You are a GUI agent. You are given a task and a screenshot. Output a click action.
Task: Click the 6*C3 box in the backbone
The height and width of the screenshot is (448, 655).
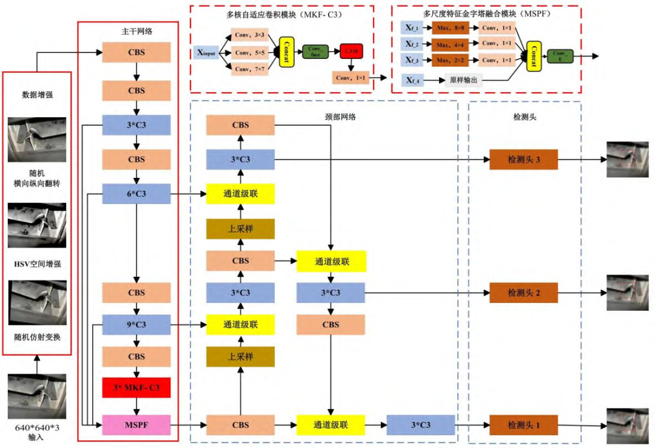[x=136, y=194]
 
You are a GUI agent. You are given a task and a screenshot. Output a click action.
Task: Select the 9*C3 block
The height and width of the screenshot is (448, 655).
[x=136, y=325]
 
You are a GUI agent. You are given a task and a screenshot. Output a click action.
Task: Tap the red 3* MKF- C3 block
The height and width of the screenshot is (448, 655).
[x=136, y=387]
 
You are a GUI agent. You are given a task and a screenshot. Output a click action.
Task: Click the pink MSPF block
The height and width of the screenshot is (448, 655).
[x=136, y=425]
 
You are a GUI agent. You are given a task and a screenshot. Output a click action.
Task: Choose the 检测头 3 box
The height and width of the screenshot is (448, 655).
[x=523, y=160]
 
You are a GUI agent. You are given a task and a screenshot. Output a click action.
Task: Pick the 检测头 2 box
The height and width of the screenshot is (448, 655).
[x=523, y=293]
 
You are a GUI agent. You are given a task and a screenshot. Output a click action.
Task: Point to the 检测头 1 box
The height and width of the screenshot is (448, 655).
[x=523, y=424]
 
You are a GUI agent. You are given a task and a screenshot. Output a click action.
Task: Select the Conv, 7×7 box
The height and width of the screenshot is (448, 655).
[x=250, y=70]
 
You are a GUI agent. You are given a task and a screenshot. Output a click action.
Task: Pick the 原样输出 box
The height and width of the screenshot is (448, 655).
[x=463, y=79]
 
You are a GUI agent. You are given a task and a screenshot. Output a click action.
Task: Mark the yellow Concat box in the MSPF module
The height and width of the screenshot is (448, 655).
[x=534, y=56]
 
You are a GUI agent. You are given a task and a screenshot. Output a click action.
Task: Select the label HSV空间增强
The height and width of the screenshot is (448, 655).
[x=37, y=264]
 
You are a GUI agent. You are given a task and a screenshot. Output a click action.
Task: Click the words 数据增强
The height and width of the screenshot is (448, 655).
[x=37, y=94]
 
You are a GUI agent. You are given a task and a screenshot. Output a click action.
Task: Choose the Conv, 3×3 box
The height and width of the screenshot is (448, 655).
[x=250, y=36]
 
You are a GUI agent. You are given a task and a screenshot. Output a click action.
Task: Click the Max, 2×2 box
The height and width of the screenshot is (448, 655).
[x=450, y=59]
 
